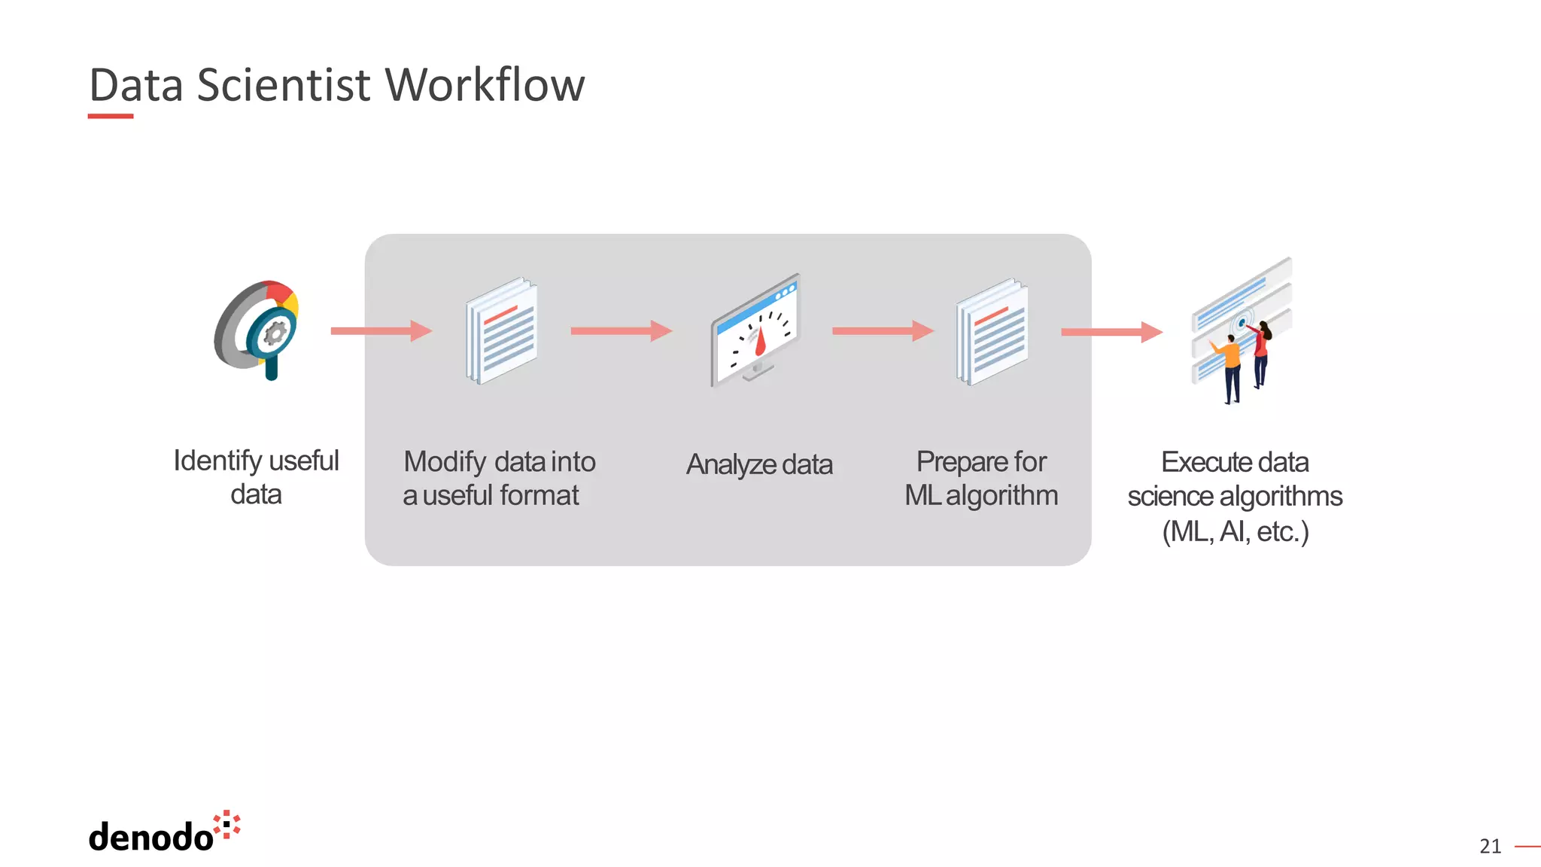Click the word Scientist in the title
pyautogui.click(x=284, y=84)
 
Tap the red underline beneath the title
pyautogui.click(x=111, y=117)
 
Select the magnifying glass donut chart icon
pyautogui.click(x=258, y=329)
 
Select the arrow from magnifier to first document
pyautogui.click(x=381, y=330)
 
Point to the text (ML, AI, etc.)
pyautogui.click(x=1235, y=531)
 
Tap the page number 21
pyautogui.click(x=1489, y=847)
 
